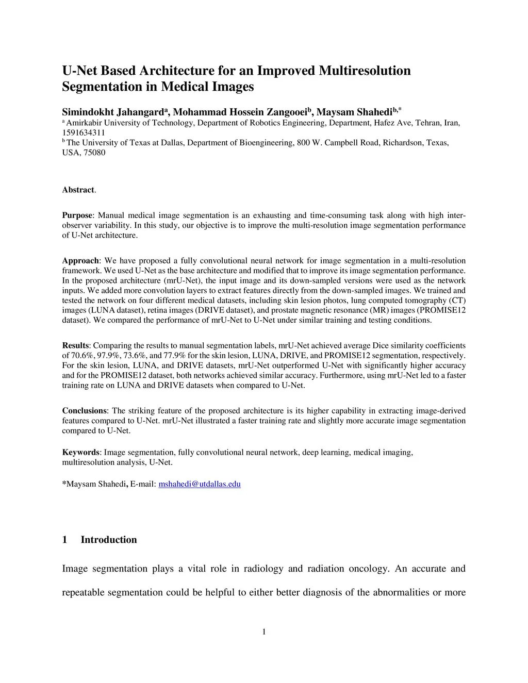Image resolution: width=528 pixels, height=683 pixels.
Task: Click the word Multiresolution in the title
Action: (x=365, y=71)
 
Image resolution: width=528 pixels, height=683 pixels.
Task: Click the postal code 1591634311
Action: (x=84, y=133)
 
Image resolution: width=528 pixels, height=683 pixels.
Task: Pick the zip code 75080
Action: (x=95, y=153)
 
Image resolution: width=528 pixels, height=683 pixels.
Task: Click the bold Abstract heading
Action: (x=78, y=190)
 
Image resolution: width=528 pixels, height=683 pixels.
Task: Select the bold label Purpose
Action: (x=77, y=215)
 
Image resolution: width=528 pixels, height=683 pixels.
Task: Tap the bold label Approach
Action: (x=80, y=261)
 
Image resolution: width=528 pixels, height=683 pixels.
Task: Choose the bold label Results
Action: (x=75, y=346)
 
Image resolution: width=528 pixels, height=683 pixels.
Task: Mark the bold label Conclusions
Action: (x=84, y=411)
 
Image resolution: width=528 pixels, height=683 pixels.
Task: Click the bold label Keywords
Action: (x=80, y=453)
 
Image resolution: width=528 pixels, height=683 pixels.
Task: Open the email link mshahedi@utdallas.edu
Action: (x=200, y=484)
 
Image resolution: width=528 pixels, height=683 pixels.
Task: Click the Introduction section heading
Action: (x=109, y=540)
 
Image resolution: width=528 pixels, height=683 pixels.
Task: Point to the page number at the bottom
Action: (x=264, y=632)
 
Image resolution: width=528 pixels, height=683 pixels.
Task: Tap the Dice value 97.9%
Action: (x=110, y=356)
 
